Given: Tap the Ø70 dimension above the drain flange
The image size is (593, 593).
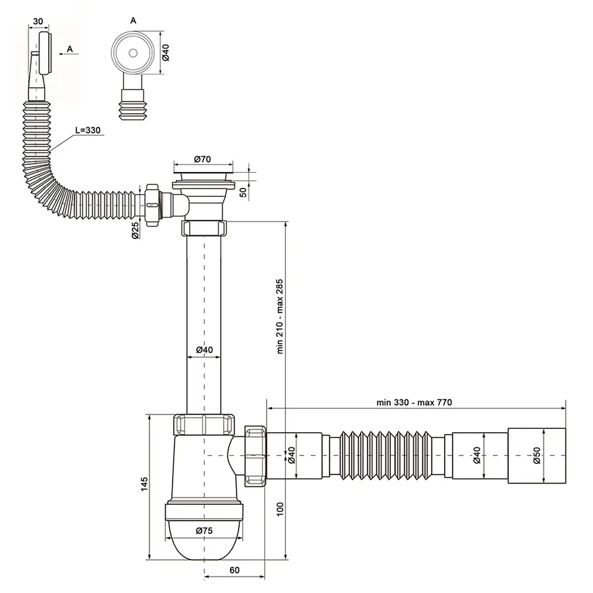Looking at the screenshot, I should (x=202, y=159).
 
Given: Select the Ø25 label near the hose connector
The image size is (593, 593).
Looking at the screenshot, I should (x=135, y=231).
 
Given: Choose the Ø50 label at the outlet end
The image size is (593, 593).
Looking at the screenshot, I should (x=536, y=455).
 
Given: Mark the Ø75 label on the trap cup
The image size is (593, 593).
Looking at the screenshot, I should (x=203, y=530).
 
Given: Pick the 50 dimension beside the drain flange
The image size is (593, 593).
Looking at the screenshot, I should (x=243, y=192).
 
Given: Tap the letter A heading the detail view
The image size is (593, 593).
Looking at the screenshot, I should (x=134, y=20).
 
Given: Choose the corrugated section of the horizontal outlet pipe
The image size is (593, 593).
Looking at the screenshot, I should (x=382, y=455).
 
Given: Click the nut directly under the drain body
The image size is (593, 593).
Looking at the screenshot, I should (x=203, y=229).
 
